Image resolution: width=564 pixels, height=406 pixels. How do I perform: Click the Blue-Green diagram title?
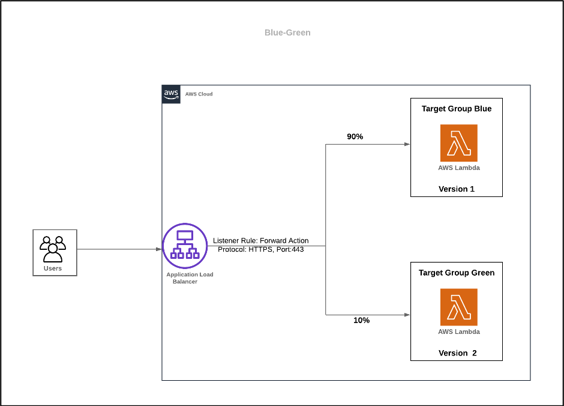[287, 32]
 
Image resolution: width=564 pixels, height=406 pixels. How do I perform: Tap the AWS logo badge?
[171, 94]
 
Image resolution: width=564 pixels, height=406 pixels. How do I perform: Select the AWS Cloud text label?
[199, 94]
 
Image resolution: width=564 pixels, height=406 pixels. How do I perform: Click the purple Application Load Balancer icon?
[185, 246]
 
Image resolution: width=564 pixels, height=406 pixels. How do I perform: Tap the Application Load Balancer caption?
[190, 278]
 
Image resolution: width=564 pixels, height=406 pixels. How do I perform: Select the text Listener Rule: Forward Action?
[260, 240]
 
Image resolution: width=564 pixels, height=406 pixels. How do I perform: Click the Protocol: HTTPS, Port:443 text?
[260, 249]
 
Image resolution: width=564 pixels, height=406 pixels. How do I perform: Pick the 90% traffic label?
[355, 136]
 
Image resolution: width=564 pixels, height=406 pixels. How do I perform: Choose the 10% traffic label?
[361, 320]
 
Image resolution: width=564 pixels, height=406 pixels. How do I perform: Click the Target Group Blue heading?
[456, 109]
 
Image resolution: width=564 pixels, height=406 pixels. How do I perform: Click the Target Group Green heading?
[456, 273]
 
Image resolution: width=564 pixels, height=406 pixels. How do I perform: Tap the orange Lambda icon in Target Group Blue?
[458, 143]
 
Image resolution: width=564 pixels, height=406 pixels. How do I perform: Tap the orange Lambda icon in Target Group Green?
[458, 307]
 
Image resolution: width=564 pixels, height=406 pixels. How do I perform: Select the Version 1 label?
[456, 189]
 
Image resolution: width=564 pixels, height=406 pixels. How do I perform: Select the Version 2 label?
[457, 353]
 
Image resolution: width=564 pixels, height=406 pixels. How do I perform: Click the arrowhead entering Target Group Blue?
[407, 144]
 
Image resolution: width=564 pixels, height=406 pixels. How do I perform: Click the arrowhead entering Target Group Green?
[407, 314]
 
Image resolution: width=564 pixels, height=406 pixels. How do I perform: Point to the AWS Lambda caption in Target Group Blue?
[458, 168]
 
